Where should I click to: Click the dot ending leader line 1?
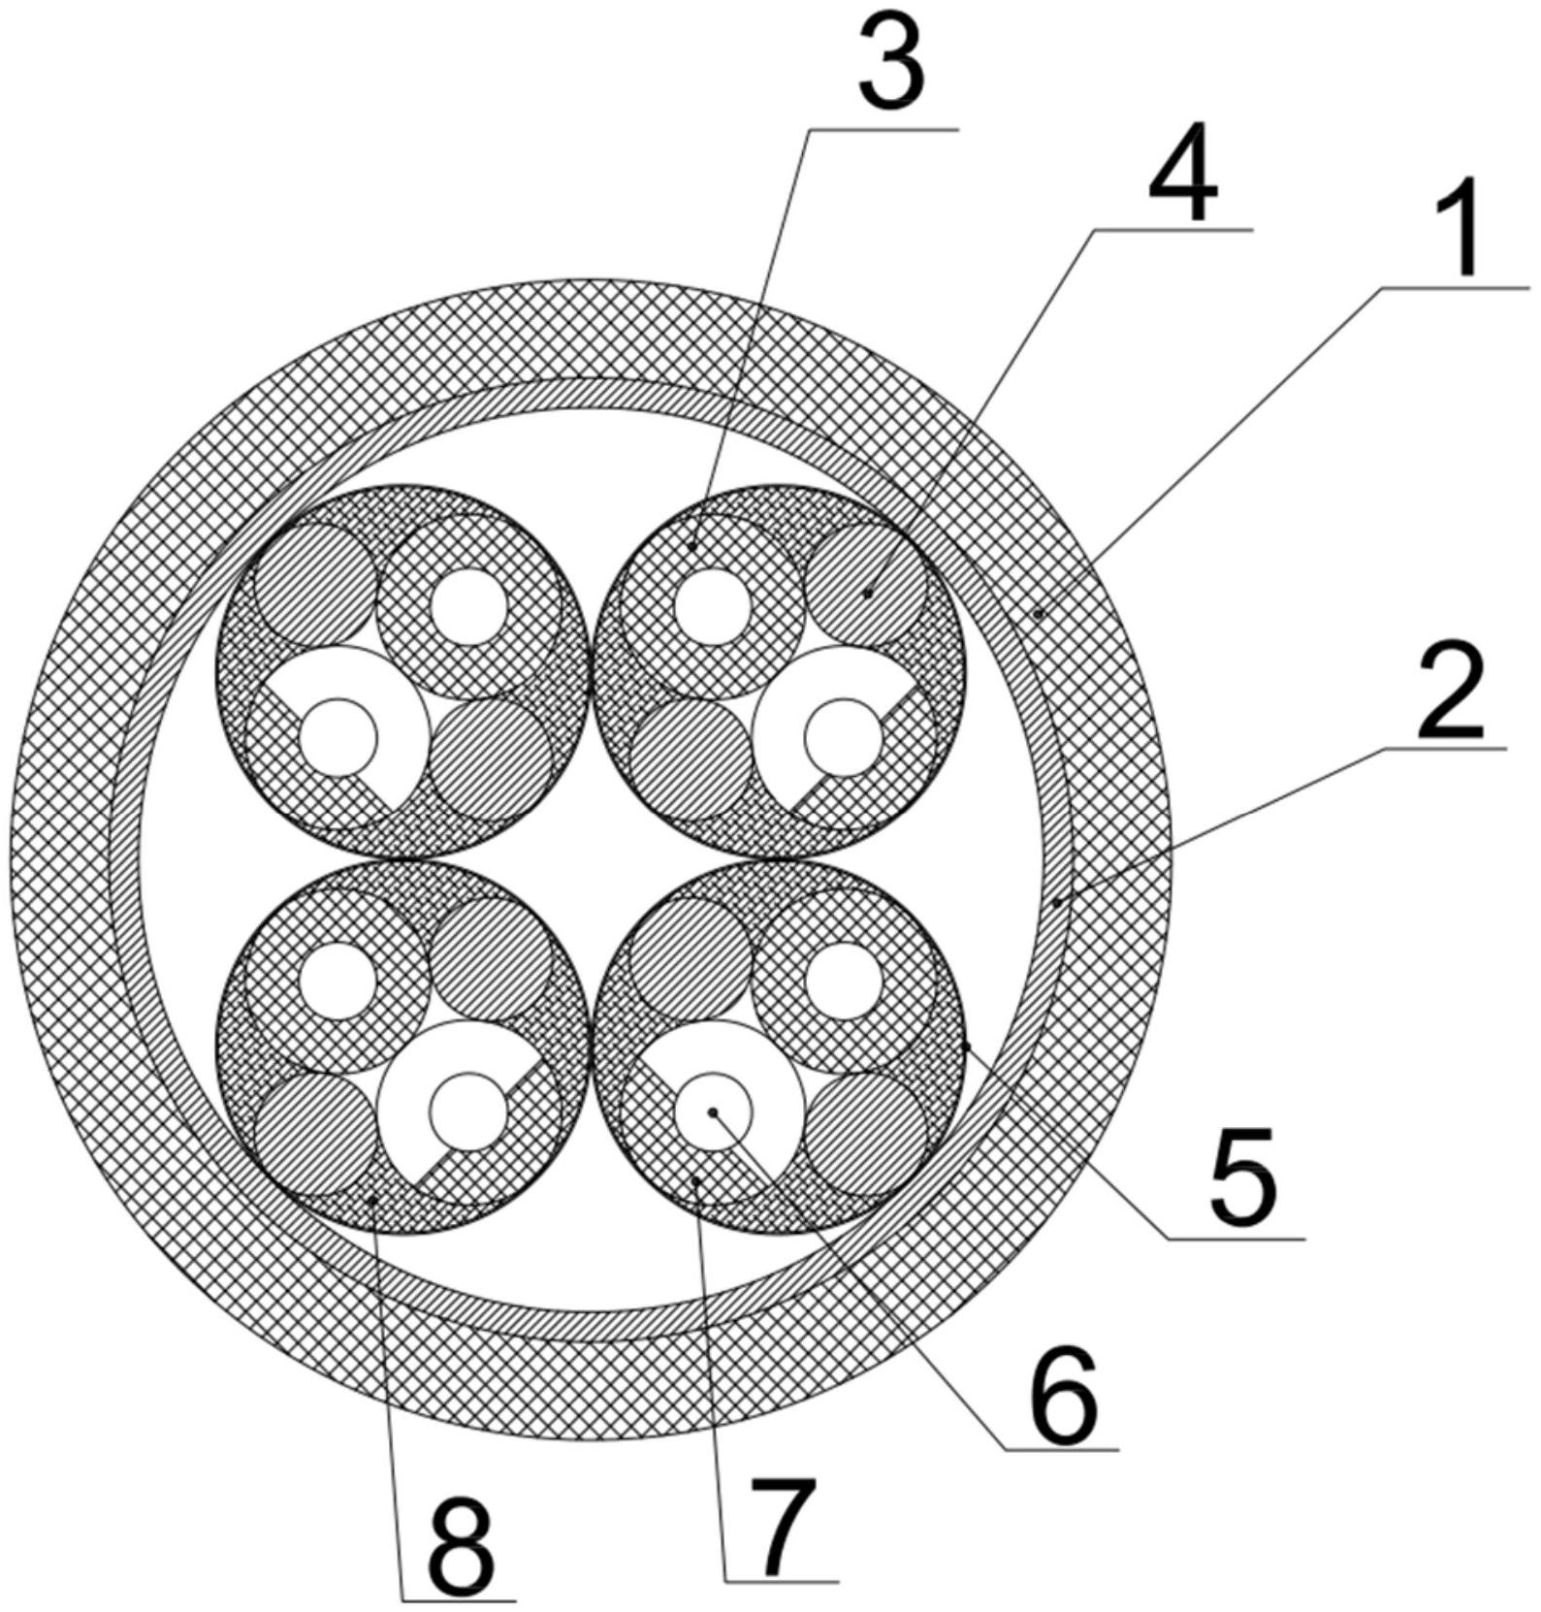[x=1039, y=613]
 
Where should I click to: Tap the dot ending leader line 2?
[x=1057, y=901]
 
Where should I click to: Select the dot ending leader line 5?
[x=967, y=1046]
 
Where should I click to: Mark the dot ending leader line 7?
[x=697, y=1177]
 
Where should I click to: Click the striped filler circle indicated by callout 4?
[x=866, y=586]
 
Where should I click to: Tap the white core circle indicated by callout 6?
[x=713, y=1112]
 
